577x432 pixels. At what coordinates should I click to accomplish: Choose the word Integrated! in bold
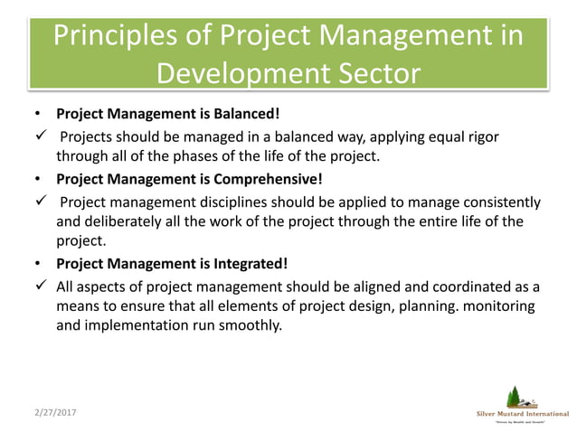pos(245,264)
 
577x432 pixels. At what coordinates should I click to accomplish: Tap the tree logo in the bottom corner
pos(516,396)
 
